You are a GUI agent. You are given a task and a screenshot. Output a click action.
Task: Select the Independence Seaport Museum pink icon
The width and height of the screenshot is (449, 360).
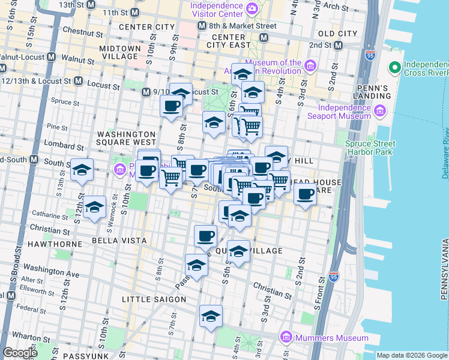pyautogui.click(x=380, y=110)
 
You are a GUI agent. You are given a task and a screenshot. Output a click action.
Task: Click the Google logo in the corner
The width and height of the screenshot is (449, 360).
pyautogui.click(x=20, y=353)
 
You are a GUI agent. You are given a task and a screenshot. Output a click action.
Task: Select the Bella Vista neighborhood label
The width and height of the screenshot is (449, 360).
pyautogui.click(x=119, y=241)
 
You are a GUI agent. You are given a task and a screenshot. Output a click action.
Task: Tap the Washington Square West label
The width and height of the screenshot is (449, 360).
pyautogui.click(x=127, y=138)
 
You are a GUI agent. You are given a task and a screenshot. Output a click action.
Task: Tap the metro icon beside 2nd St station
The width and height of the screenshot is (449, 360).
pyautogui.click(x=339, y=45)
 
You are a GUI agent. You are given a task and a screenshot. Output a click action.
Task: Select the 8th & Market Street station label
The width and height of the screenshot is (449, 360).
pyautogui.click(x=243, y=26)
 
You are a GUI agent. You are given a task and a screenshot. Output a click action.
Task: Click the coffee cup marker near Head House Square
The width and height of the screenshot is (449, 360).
pyautogui.click(x=306, y=194)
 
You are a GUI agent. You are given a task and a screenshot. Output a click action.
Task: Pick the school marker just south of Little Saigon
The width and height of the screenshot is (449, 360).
pyautogui.click(x=211, y=316)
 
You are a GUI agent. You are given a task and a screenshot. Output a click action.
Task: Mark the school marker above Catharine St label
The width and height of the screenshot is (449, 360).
pyautogui.click(x=94, y=207)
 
